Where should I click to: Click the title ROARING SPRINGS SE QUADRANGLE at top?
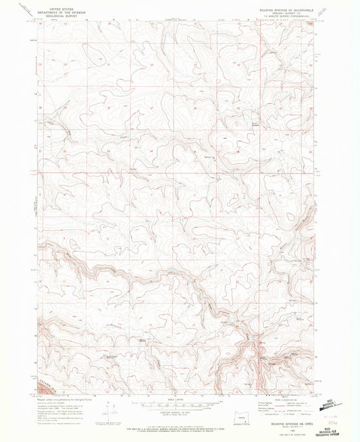point(284,7)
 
